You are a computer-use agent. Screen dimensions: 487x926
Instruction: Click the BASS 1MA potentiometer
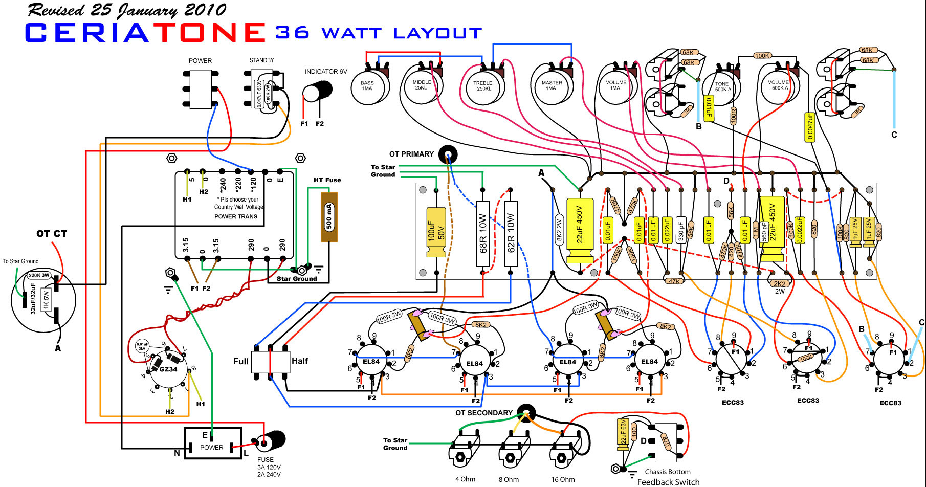pos(367,86)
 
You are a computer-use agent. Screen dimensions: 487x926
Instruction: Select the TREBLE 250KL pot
pos(483,86)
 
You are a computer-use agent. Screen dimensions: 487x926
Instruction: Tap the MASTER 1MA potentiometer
pos(552,86)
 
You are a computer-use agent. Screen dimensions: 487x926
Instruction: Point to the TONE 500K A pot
pos(722,87)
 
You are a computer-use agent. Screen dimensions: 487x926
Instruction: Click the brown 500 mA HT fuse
pos(329,216)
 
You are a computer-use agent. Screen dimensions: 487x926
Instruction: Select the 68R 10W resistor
pos(482,233)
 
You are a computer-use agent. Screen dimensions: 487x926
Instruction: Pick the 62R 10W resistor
pos(511,233)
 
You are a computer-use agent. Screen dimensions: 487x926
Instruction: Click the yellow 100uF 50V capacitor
pos(436,232)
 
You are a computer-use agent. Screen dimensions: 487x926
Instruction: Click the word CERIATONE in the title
pos(145,33)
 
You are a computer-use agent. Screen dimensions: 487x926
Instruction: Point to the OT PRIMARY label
pos(411,154)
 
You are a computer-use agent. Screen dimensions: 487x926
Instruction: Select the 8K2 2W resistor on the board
pos(559,229)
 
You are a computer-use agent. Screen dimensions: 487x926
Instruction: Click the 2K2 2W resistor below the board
pos(779,284)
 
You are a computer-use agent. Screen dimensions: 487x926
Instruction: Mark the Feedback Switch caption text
pos(668,482)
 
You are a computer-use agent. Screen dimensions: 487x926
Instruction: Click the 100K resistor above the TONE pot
pos(762,56)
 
